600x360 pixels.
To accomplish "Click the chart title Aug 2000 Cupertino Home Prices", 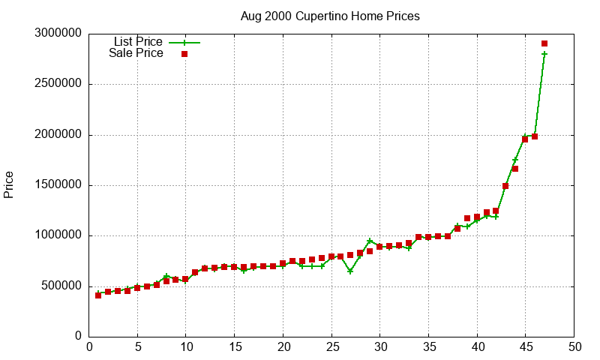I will point(330,16).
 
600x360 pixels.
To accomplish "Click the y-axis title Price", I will point(9,184).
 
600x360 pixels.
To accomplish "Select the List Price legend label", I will point(138,41).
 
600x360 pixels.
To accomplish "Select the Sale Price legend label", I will point(136,53).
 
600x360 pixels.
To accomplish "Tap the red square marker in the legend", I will point(184,54).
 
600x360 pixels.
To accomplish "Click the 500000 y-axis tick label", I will point(60,286).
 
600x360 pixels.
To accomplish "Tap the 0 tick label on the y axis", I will point(78,337).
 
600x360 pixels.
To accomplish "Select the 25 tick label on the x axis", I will point(331,347).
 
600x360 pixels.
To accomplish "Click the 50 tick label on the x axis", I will point(574,347).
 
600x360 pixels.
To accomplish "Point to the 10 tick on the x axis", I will point(186,347).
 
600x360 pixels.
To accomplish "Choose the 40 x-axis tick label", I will point(477,347).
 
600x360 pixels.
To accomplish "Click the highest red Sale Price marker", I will point(544,43).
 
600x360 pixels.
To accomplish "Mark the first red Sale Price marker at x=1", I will point(98,295).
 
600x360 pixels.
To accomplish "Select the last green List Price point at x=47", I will point(544,54).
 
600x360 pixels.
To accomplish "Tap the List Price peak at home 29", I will point(370,241).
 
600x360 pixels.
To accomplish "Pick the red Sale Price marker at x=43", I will point(505,186).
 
